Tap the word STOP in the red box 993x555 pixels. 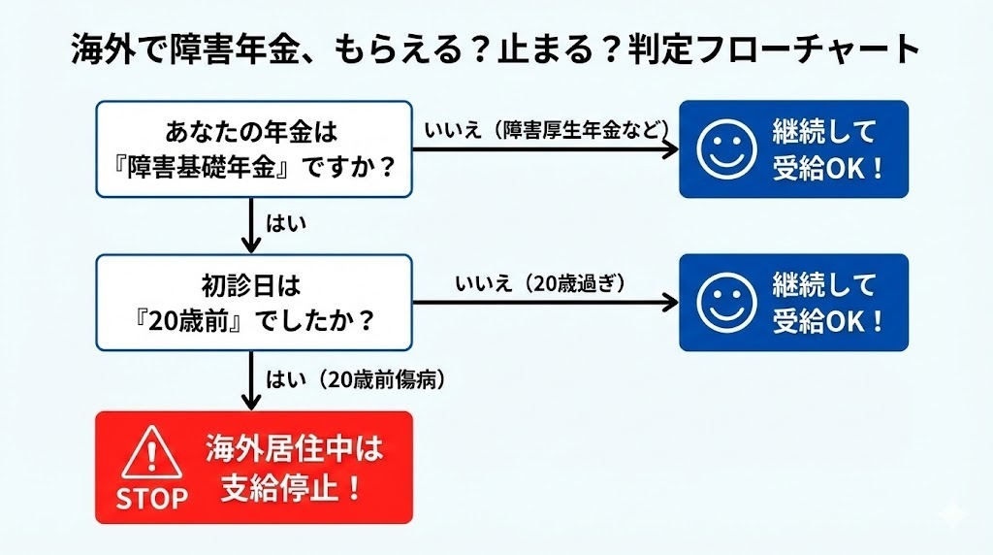coord(151,499)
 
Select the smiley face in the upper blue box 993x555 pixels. coord(726,150)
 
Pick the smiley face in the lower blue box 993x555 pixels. coord(726,302)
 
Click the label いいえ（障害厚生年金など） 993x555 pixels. coord(547,130)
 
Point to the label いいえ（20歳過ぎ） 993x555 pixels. coord(541,283)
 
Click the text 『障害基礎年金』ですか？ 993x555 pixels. coord(254,168)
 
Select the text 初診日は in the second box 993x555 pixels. coord(254,286)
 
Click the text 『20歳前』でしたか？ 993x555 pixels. coord(254,321)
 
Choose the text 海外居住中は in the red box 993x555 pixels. coord(294,449)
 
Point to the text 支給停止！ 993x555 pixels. coord(292,487)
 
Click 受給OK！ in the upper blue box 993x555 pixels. coord(828,168)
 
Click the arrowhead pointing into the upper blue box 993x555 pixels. coord(670,149)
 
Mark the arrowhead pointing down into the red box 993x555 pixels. coord(253,401)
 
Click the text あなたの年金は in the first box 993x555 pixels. coord(254,131)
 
